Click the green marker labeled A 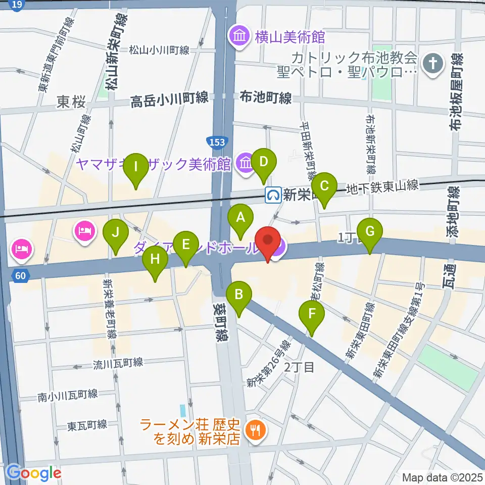click(241, 218)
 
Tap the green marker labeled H click(155, 260)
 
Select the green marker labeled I click(135, 167)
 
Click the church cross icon click(433, 64)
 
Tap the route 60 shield click(20, 275)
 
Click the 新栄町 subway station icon click(273, 195)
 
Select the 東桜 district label click(71, 103)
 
